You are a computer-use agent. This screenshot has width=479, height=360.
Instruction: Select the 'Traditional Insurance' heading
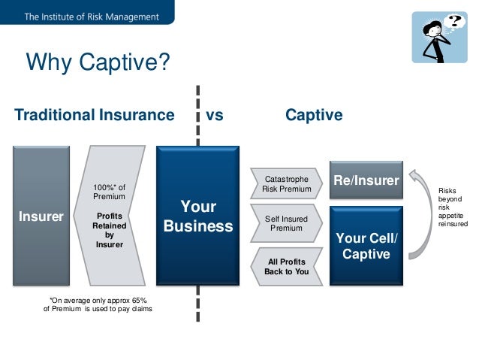(x=95, y=116)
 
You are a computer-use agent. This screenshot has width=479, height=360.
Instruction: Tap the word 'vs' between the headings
(x=215, y=116)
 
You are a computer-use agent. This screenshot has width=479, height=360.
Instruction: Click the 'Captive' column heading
(x=314, y=116)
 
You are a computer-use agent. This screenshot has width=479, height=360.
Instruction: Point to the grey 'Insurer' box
(x=42, y=216)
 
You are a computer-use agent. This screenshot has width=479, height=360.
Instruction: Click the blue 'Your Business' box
(x=198, y=216)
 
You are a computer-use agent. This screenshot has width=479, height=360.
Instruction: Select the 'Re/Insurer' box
(x=366, y=180)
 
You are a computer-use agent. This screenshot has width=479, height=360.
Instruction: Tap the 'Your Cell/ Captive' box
(x=366, y=246)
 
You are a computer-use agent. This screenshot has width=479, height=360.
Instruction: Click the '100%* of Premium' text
(x=109, y=191)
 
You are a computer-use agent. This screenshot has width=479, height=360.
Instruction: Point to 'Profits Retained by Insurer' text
(x=109, y=228)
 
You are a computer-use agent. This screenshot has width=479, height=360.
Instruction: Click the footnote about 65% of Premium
(x=98, y=305)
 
